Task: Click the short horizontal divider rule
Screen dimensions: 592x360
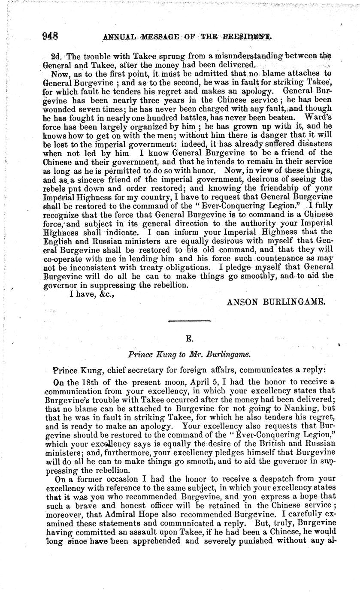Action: coord(188,321)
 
